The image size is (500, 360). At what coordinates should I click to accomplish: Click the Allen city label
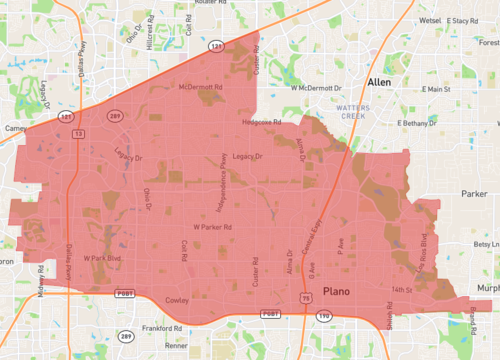point(380,82)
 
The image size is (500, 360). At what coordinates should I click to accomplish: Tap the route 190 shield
point(324,315)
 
